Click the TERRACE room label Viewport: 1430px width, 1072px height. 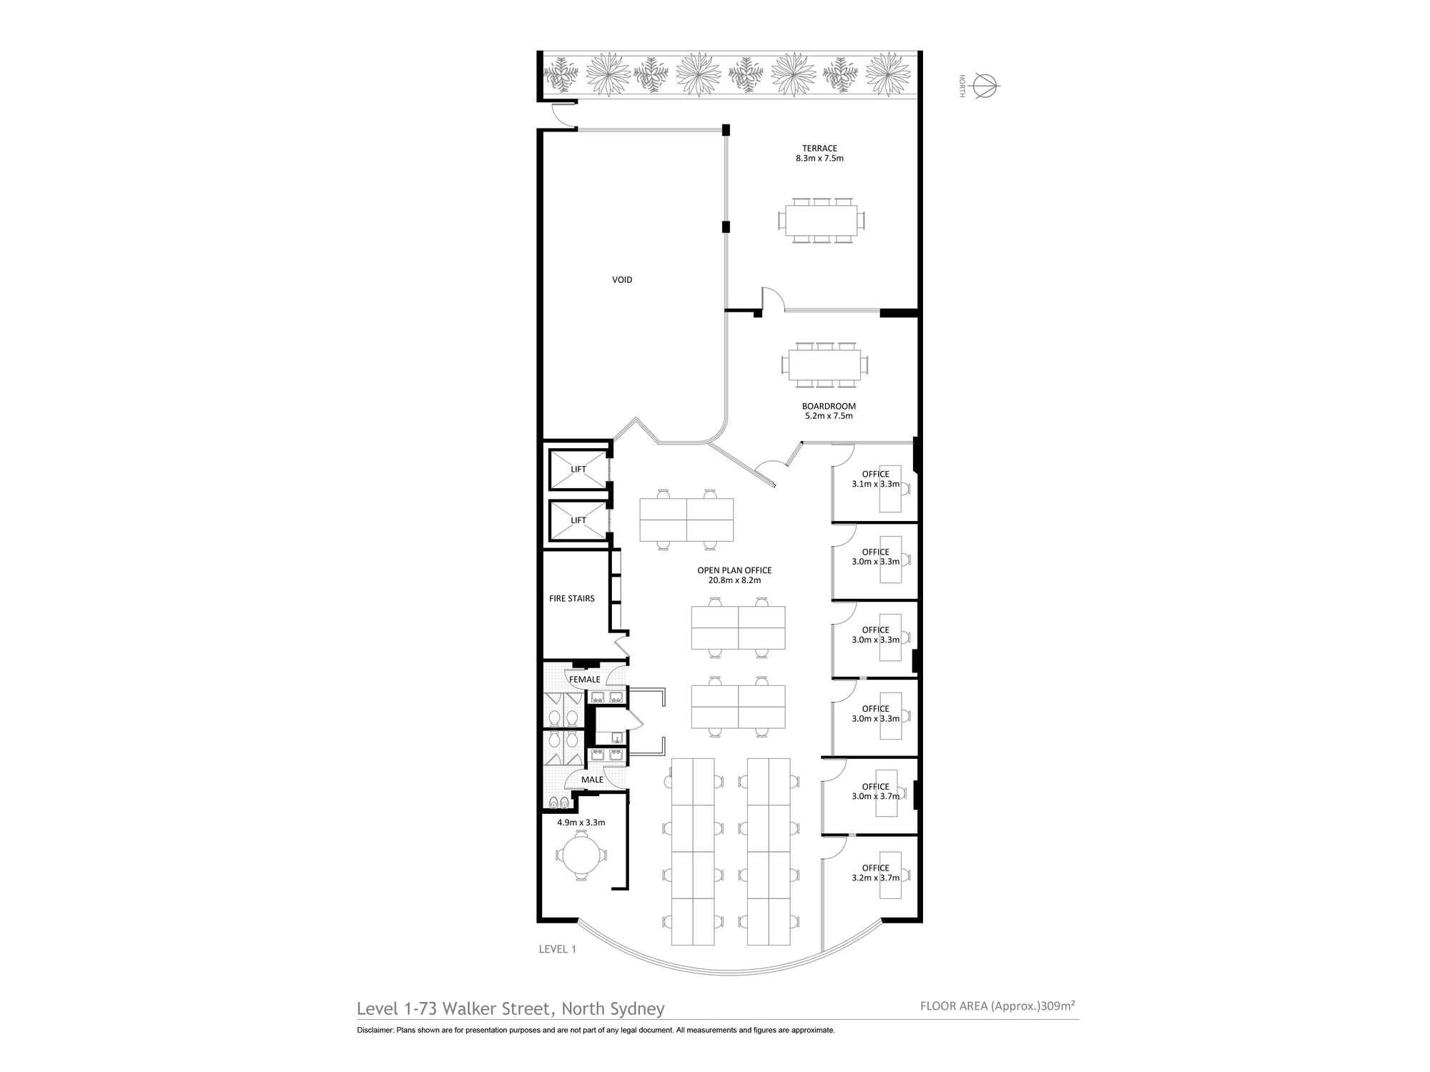[819, 149]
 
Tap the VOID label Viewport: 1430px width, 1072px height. [622, 280]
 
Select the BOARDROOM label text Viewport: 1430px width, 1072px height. [829, 406]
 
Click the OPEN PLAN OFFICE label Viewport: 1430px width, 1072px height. [734, 570]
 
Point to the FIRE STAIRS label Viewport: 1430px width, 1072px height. [572, 599]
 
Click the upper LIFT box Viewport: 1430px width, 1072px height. [578, 469]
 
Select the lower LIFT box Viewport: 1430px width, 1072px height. [578, 520]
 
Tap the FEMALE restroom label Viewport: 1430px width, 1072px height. [585, 679]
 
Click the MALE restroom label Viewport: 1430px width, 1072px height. [592, 780]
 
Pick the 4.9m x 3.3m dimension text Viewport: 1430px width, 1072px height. [581, 823]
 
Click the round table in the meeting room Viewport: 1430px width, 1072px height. [581, 856]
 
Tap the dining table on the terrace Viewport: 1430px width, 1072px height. [821, 220]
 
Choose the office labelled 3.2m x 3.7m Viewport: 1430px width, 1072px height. [870, 878]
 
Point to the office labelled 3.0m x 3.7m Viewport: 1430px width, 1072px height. [870, 795]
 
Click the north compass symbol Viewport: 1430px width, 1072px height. [985, 86]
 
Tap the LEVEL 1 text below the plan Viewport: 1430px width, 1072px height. [558, 949]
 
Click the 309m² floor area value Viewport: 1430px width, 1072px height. [1059, 1006]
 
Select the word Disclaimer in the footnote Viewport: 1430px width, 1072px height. [375, 1030]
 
